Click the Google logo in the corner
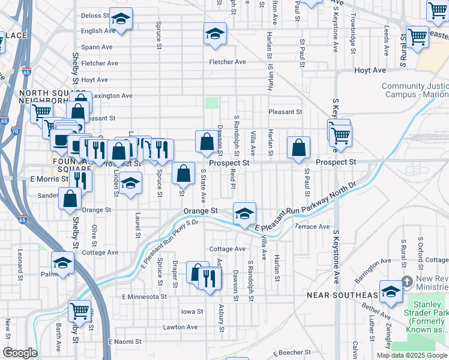20,353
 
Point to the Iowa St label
193,311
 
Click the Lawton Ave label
180,327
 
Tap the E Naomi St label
124,341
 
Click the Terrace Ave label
312,227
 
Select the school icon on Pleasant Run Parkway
244,213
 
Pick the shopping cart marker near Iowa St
79,310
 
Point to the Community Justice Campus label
414,91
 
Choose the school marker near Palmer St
62,262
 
